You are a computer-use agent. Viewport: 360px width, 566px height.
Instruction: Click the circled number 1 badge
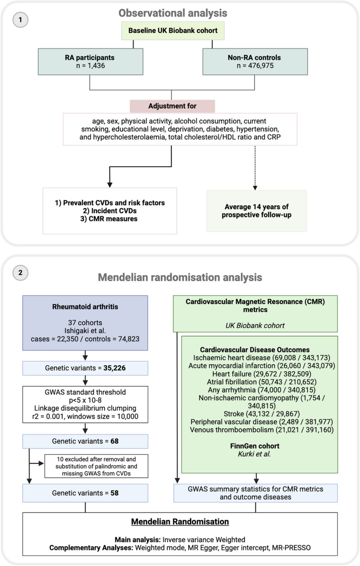coord(20,20)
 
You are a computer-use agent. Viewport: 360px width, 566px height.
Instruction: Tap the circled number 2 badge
coord(20,273)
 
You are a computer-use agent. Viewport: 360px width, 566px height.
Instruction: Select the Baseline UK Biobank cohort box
coord(173,31)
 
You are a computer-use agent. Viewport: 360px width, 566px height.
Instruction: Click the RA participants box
coord(91,62)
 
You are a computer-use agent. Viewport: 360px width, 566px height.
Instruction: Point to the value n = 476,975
coord(255,66)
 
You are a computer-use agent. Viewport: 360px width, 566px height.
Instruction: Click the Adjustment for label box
coord(172,106)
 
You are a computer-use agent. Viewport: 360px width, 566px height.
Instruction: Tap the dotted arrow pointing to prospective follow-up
coord(255,168)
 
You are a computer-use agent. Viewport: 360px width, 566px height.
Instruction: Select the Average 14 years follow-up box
coord(257,211)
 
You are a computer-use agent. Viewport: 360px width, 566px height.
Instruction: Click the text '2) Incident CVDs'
coord(110,211)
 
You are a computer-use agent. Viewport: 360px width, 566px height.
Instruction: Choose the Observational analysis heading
coord(173,13)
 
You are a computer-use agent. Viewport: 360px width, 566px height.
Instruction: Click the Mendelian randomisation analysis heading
coord(180,277)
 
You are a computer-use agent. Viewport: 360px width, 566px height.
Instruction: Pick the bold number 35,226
coord(114,368)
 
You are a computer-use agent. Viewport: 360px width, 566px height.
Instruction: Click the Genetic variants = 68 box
coord(85,441)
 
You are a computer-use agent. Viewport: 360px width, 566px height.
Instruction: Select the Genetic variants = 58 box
coord(85,493)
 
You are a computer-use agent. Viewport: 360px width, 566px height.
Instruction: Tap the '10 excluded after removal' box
coord(96,466)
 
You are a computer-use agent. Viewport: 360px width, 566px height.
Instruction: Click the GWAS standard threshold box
coord(85,404)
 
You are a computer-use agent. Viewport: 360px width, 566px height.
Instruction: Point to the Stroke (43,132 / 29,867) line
coord(262,414)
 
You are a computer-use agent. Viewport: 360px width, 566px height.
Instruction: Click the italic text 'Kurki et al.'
coord(254,454)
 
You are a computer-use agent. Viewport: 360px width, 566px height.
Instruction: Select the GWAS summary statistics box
coord(255,493)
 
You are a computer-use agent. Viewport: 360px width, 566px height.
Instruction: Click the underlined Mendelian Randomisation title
coord(180,522)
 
